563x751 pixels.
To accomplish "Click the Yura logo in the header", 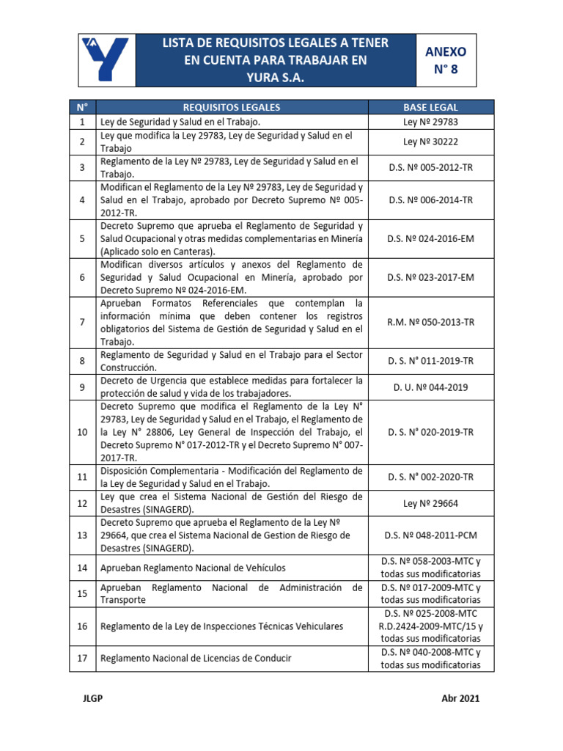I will [x=106, y=60].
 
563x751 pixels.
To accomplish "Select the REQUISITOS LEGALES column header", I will [x=231, y=107].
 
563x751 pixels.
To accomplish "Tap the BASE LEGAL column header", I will [x=430, y=107].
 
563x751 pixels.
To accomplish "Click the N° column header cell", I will [x=83, y=107].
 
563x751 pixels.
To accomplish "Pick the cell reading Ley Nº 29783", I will [x=430, y=122].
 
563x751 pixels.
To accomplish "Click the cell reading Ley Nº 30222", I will [x=430, y=142].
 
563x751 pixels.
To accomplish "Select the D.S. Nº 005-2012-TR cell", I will [x=430, y=168].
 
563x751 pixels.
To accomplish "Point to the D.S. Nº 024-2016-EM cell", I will [x=430, y=238].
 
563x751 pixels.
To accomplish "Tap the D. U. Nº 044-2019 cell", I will [x=430, y=387].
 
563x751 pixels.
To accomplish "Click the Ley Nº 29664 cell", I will [x=430, y=503].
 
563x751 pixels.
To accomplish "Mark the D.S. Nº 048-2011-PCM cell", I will [x=430, y=535].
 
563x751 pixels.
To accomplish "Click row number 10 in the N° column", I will [x=83, y=432].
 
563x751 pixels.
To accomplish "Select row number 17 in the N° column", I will [x=83, y=659].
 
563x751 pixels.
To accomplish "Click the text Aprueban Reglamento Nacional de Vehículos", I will [x=193, y=568].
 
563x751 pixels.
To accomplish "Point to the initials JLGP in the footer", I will [x=93, y=699].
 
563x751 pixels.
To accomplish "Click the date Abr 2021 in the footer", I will [x=460, y=699].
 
